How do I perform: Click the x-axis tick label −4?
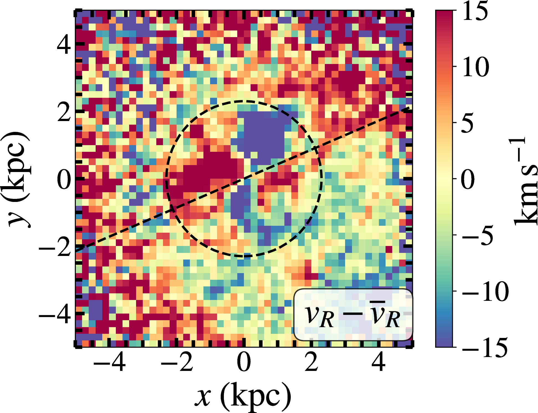click(109, 362)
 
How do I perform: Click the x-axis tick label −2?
click(177, 362)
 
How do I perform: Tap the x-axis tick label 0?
click(244, 362)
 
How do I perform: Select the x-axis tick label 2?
click(311, 362)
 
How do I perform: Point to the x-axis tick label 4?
click(379, 362)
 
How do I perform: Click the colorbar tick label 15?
click(475, 11)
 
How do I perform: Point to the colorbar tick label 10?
click(476, 67)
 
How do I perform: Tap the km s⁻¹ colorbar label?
click(524, 180)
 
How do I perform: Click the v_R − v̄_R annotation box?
click(353, 315)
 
